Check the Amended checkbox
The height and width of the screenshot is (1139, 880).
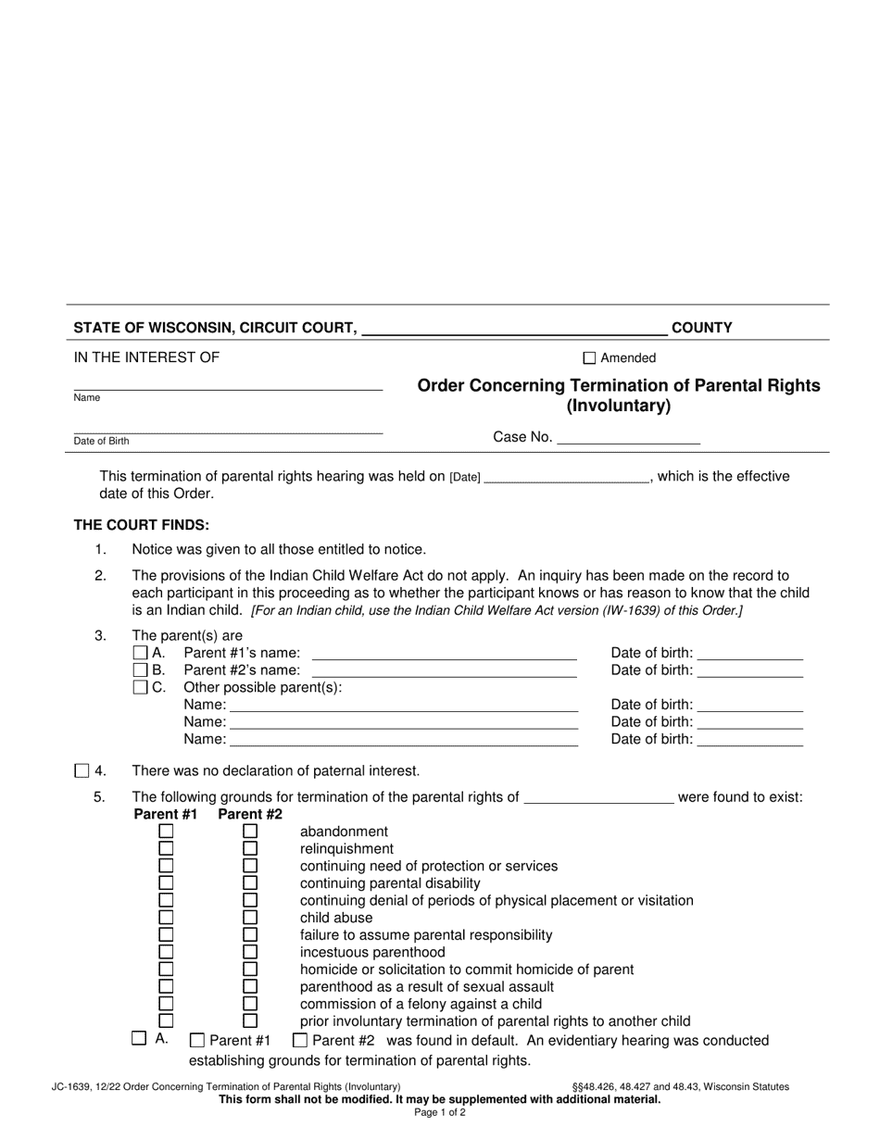(x=589, y=358)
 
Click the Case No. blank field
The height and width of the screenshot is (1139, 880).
(x=628, y=438)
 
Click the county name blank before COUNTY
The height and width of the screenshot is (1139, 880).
(x=514, y=327)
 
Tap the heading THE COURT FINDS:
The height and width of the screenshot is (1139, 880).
(x=142, y=525)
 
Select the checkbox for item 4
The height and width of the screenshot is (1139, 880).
(x=82, y=770)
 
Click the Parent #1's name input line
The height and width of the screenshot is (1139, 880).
(x=444, y=653)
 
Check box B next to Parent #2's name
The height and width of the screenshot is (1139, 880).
(x=140, y=670)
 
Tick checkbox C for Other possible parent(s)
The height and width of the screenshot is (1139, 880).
(x=140, y=687)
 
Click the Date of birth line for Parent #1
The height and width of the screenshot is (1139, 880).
(x=749, y=653)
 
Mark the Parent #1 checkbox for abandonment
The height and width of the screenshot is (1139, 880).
(x=166, y=832)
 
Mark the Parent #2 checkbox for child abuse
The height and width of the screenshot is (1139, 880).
(x=250, y=918)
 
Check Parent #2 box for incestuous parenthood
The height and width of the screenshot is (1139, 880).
(x=250, y=952)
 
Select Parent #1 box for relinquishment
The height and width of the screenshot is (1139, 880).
(x=166, y=849)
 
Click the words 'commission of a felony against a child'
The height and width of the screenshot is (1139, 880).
(x=421, y=1004)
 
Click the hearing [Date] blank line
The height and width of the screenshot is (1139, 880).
(x=566, y=477)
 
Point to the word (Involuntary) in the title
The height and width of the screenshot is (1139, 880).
(x=618, y=407)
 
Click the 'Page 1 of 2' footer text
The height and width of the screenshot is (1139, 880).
(x=440, y=1113)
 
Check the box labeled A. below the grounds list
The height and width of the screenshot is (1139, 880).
(x=139, y=1039)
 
